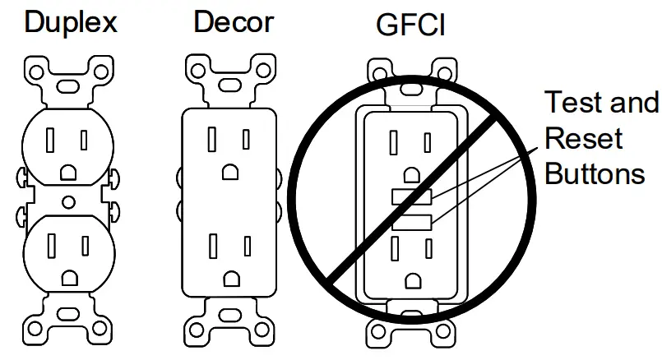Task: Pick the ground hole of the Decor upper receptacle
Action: tap(229, 170)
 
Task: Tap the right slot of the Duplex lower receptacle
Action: tap(86, 245)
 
